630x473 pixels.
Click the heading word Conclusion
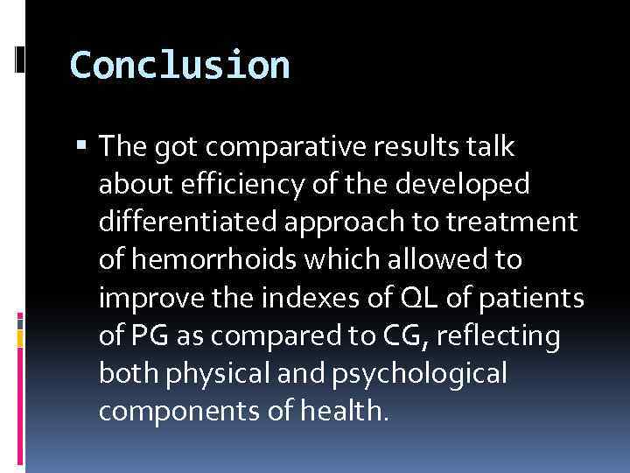[x=179, y=66]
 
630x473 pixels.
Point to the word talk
[x=494, y=148]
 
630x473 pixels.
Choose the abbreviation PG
[x=145, y=335]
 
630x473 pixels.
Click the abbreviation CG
[x=365, y=335]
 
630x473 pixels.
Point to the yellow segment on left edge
[x=20, y=336]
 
